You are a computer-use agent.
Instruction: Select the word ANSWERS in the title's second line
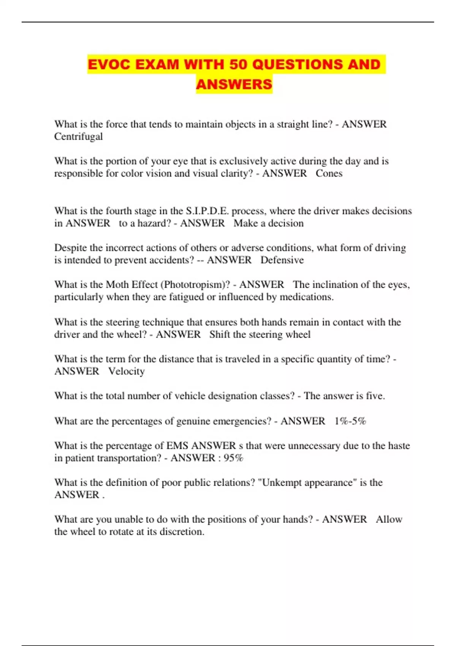[x=234, y=84]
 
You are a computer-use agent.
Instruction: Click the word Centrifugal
[x=78, y=136]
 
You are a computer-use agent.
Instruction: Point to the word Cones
[x=329, y=173]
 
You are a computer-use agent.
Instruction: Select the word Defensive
[x=282, y=260]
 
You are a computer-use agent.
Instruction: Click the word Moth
[x=117, y=285]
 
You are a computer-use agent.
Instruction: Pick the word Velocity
[x=127, y=371]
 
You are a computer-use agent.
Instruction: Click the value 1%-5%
[x=350, y=421]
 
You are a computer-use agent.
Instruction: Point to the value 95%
[x=233, y=458]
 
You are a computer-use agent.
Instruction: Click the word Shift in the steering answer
[x=219, y=334]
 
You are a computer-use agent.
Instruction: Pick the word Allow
[x=389, y=519]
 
